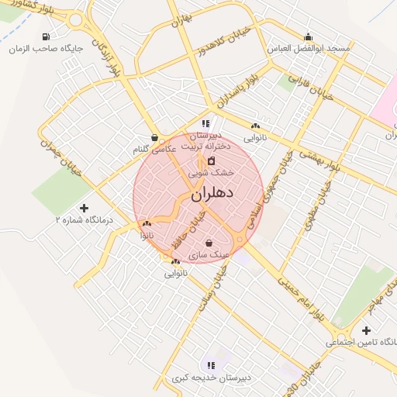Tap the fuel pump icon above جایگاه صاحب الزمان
point(47,36)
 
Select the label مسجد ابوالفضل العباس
point(309,48)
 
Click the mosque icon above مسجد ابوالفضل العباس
point(309,36)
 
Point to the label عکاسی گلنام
point(150,148)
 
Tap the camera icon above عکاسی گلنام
point(155,137)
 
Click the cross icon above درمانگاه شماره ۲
point(85,208)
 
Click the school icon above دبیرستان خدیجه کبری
point(210,365)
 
